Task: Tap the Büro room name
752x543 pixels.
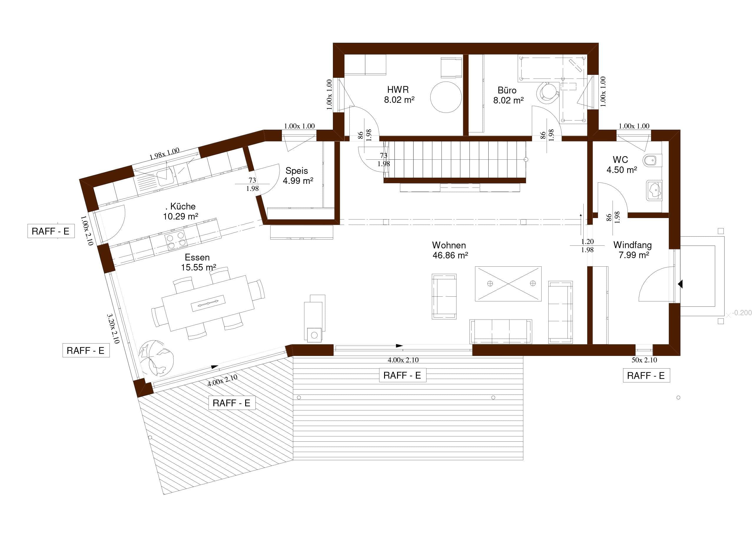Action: tap(507, 90)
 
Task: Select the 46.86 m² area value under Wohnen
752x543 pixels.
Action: tap(450, 255)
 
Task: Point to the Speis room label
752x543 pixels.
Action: tap(297, 171)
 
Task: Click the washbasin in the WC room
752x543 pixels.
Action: tap(654, 191)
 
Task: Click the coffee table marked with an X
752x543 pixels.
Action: tap(508, 284)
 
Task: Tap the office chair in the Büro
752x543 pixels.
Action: tap(547, 92)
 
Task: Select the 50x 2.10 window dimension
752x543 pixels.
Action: tap(644, 360)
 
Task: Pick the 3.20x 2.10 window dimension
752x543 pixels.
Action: tap(113, 329)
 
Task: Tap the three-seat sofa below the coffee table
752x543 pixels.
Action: tap(501, 331)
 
